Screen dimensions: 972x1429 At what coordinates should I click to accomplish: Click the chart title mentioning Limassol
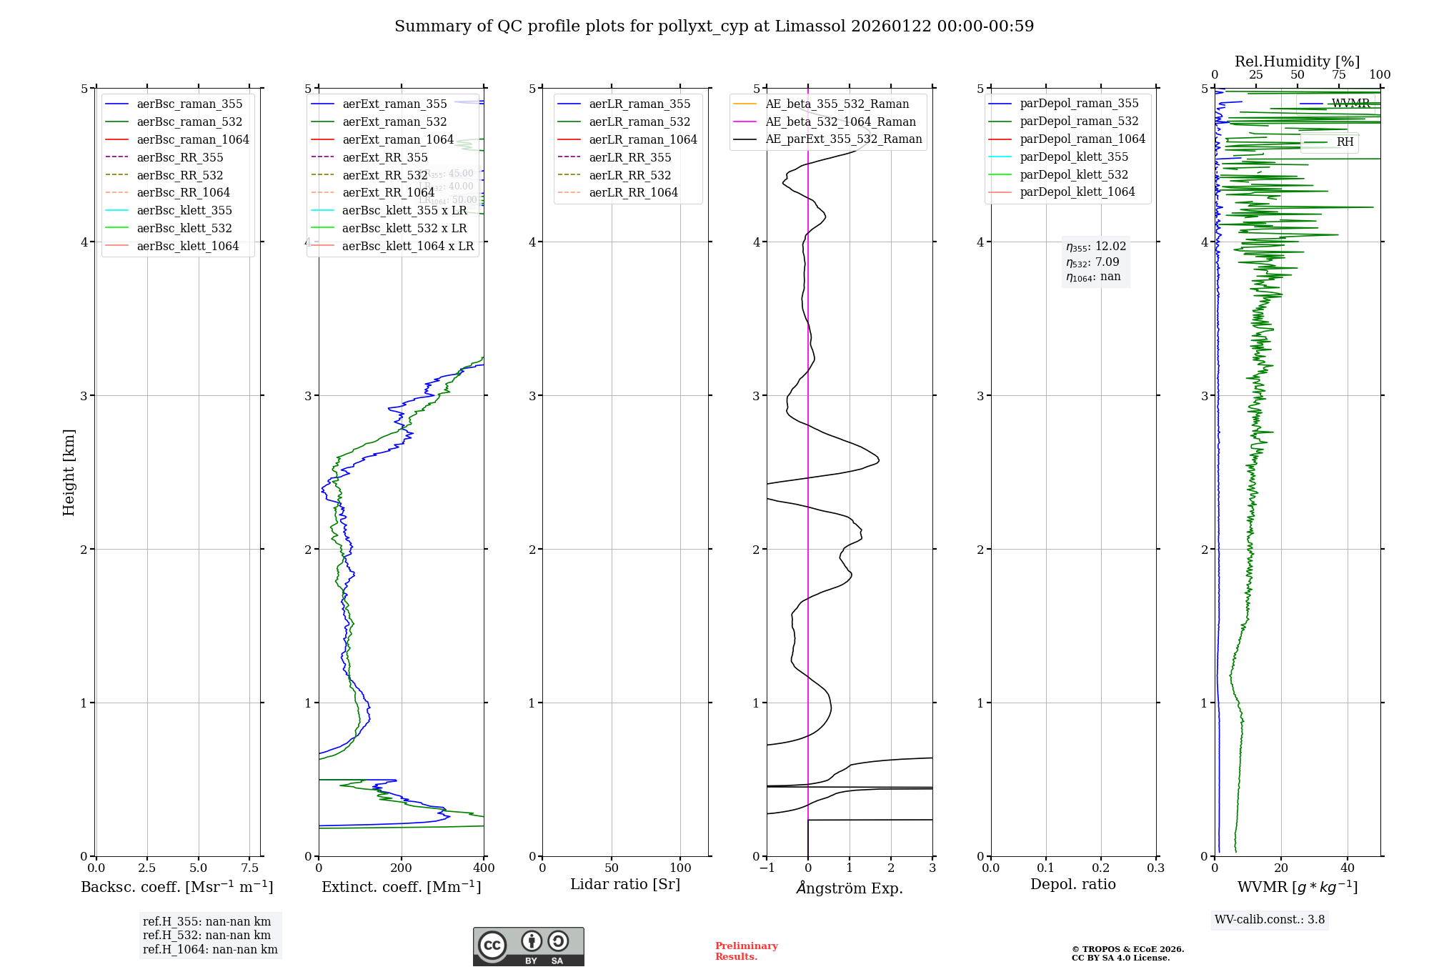pyautogui.click(x=714, y=26)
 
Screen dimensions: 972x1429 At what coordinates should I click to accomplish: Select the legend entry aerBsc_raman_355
pyautogui.click(x=189, y=104)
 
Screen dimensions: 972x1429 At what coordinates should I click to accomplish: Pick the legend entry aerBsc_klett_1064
pyautogui.click(x=187, y=246)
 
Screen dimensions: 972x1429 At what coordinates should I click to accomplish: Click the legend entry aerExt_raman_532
pyautogui.click(x=394, y=122)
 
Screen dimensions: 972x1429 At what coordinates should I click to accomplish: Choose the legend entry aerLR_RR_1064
pyautogui.click(x=633, y=192)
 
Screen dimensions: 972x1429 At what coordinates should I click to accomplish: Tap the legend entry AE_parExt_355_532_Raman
pyautogui.click(x=843, y=139)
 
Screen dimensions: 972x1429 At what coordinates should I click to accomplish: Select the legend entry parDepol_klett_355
pyautogui.click(x=1074, y=157)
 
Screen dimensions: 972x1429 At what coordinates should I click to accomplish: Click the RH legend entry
pyautogui.click(x=1345, y=142)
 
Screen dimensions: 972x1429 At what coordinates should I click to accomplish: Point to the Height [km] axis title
pyautogui.click(x=69, y=472)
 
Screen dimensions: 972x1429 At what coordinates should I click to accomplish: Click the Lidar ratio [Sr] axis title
pyautogui.click(x=625, y=885)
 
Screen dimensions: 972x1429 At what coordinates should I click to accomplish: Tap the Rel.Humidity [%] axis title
pyautogui.click(x=1297, y=61)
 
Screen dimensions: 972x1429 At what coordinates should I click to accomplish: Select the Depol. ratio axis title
pyautogui.click(x=1072, y=885)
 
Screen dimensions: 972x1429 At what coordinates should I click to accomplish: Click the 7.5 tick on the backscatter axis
pyautogui.click(x=249, y=868)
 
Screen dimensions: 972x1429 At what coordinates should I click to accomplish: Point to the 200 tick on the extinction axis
pyautogui.click(x=401, y=868)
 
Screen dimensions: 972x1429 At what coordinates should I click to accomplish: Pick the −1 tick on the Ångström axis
pyautogui.click(x=767, y=868)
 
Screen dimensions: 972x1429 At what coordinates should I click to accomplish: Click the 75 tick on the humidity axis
pyautogui.click(x=1338, y=75)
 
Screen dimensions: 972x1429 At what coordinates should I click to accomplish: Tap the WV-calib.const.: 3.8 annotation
pyautogui.click(x=1269, y=920)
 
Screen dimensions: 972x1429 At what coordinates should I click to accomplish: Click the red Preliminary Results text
pyautogui.click(x=746, y=951)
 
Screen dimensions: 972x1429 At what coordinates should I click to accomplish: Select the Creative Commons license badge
pyautogui.click(x=528, y=947)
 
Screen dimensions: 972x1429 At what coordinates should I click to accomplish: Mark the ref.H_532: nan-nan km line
pyautogui.click(x=206, y=936)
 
